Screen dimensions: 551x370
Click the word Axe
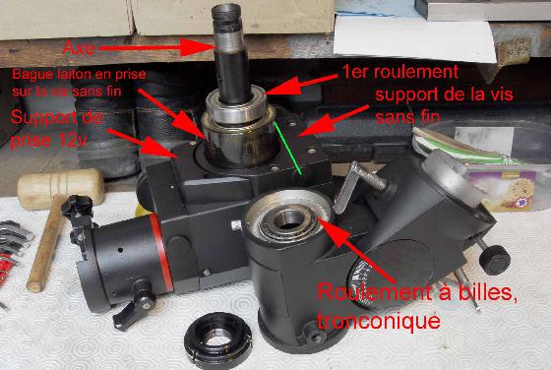coord(79,48)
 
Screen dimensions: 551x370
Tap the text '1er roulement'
coord(400,72)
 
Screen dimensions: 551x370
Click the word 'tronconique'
coord(379,321)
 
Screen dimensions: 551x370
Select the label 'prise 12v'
coord(47,141)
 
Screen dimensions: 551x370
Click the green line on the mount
coord(287,148)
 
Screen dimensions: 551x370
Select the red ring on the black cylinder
coord(161,252)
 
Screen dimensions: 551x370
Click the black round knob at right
coord(494,260)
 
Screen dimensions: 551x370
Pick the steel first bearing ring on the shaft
coord(235,105)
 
